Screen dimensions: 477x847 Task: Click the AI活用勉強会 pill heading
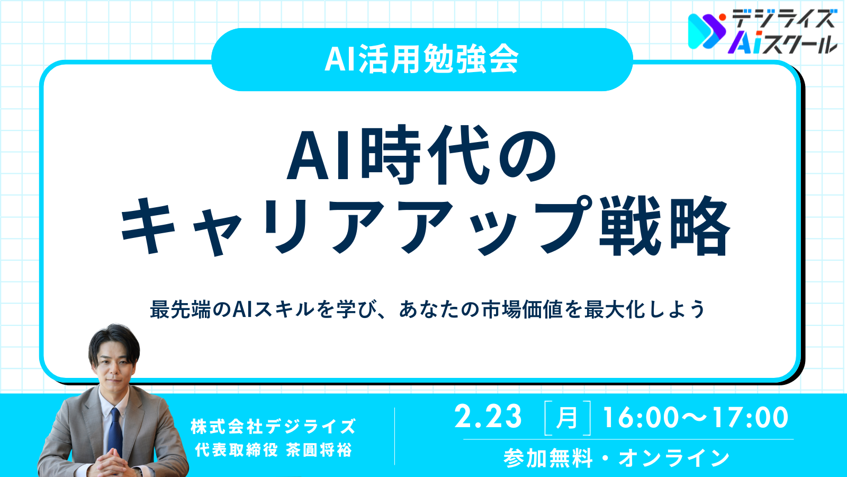(421, 59)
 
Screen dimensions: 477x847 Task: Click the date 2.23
(488, 417)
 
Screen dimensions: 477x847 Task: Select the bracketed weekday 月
(567, 418)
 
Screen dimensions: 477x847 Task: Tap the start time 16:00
(641, 418)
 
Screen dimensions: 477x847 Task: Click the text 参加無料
(548, 458)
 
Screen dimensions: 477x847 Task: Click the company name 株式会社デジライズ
(273, 427)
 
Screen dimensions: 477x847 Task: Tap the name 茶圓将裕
(319, 450)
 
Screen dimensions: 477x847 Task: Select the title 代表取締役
(237, 450)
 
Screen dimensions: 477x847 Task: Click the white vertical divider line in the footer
(395, 436)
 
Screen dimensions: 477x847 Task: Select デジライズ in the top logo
(783, 19)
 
